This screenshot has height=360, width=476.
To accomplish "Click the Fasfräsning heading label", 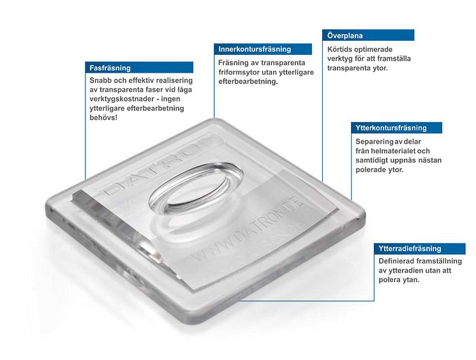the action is click(x=110, y=68).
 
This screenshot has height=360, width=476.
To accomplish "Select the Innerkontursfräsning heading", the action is click(x=255, y=49).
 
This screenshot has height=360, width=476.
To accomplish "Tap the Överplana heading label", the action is click(x=345, y=36).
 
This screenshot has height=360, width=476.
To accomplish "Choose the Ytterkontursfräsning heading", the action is click(x=391, y=128).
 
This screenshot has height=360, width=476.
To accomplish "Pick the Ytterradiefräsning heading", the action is click(x=410, y=248).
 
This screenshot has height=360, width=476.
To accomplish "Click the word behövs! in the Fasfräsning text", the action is click(x=103, y=117).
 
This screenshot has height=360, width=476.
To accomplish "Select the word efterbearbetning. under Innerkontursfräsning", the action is click(x=248, y=82).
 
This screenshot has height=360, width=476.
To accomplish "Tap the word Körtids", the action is click(x=339, y=49).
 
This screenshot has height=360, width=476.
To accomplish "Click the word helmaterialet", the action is click(x=393, y=151).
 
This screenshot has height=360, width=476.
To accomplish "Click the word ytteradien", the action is click(x=401, y=271).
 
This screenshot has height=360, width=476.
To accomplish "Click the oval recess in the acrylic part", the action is click(x=196, y=189).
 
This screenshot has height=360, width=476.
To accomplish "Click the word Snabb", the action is click(x=99, y=80).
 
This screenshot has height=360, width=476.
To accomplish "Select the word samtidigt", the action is click(x=370, y=160).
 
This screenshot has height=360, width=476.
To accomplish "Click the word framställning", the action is click(x=439, y=261).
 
